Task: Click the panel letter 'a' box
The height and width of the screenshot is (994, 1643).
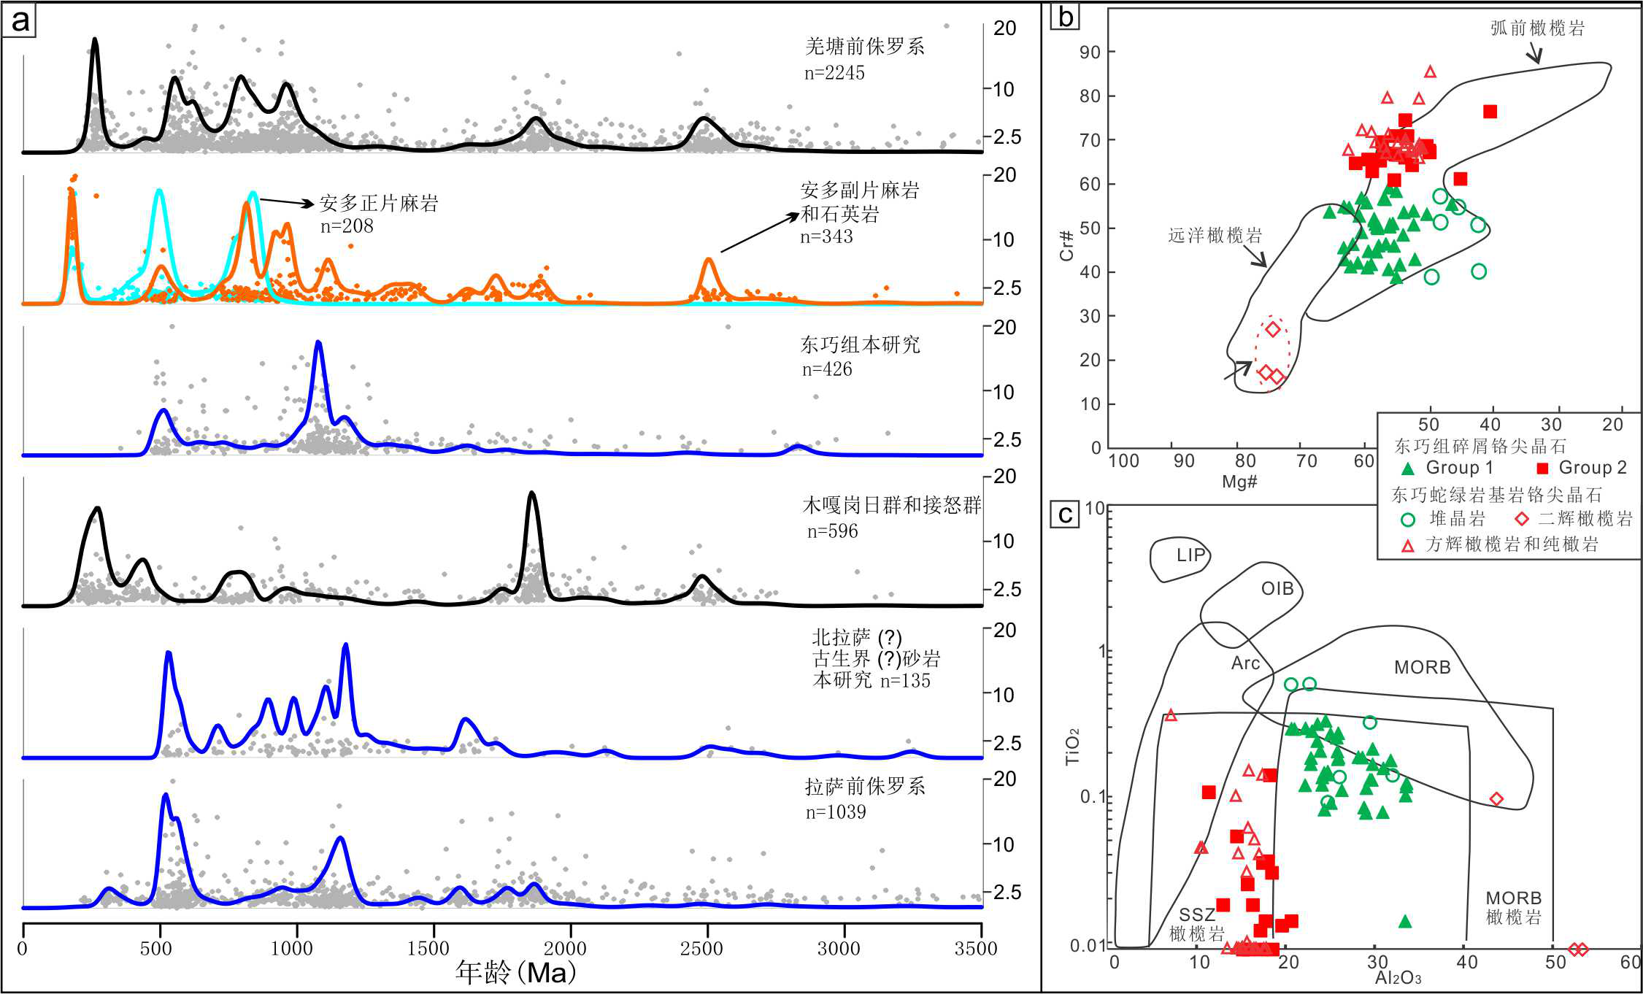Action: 20,20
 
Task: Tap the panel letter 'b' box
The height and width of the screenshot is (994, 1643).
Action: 1066,16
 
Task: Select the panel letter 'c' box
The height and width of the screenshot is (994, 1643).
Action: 1065,515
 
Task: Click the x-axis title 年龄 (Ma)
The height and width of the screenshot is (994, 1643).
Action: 516,972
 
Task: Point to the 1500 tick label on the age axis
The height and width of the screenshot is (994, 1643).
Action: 428,948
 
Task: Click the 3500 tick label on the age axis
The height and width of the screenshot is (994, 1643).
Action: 976,948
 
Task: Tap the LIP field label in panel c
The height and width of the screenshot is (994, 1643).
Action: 1190,555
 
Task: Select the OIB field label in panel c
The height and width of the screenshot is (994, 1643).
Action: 1277,588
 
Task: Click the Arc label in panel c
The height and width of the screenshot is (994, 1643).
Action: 1245,663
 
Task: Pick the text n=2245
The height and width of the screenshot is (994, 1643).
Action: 834,73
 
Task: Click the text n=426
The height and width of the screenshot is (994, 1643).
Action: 827,369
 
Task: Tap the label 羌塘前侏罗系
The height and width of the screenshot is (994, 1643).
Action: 865,47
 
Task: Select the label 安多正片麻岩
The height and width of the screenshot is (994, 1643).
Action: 379,203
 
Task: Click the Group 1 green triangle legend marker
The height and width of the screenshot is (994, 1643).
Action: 1408,469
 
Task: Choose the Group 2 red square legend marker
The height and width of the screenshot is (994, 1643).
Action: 1542,469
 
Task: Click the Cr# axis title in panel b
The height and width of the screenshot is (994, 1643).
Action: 1067,245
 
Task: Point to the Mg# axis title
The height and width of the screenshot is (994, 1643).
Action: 1239,481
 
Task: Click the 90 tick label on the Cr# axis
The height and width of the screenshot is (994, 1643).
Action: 1090,52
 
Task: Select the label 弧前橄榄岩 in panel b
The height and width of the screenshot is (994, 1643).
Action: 1537,28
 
